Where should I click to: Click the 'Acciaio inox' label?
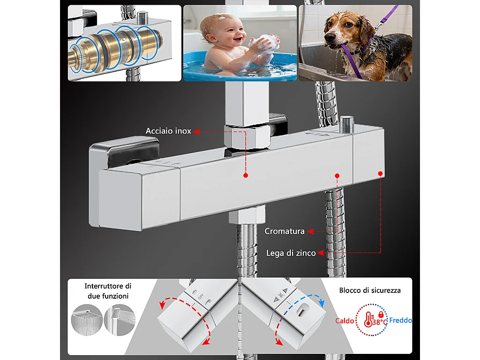pyautogui.click(x=168, y=131)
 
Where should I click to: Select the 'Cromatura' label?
pyautogui.click(x=284, y=231)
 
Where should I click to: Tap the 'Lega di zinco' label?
pyautogui.click(x=291, y=253)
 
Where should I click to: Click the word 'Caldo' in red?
pyautogui.click(x=344, y=321)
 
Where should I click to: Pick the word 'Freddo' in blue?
pyautogui.click(x=400, y=321)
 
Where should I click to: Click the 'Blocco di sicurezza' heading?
pyautogui.click(x=370, y=291)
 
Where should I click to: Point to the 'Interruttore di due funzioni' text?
pyautogui.click(x=108, y=291)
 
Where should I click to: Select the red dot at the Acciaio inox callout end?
pyautogui.click(x=245, y=176)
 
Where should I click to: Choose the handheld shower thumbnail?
pyautogui.click(x=119, y=320)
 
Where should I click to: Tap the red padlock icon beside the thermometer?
pyautogui.click(x=380, y=314)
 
